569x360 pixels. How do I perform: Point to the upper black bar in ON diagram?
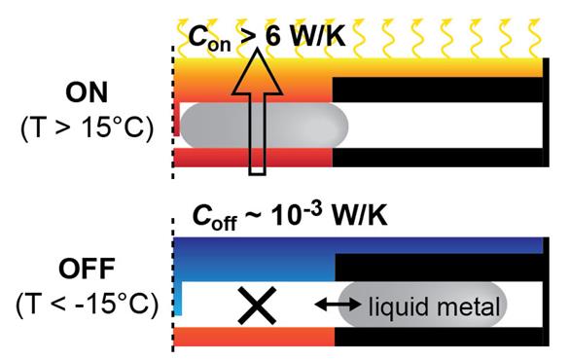[438, 89]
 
